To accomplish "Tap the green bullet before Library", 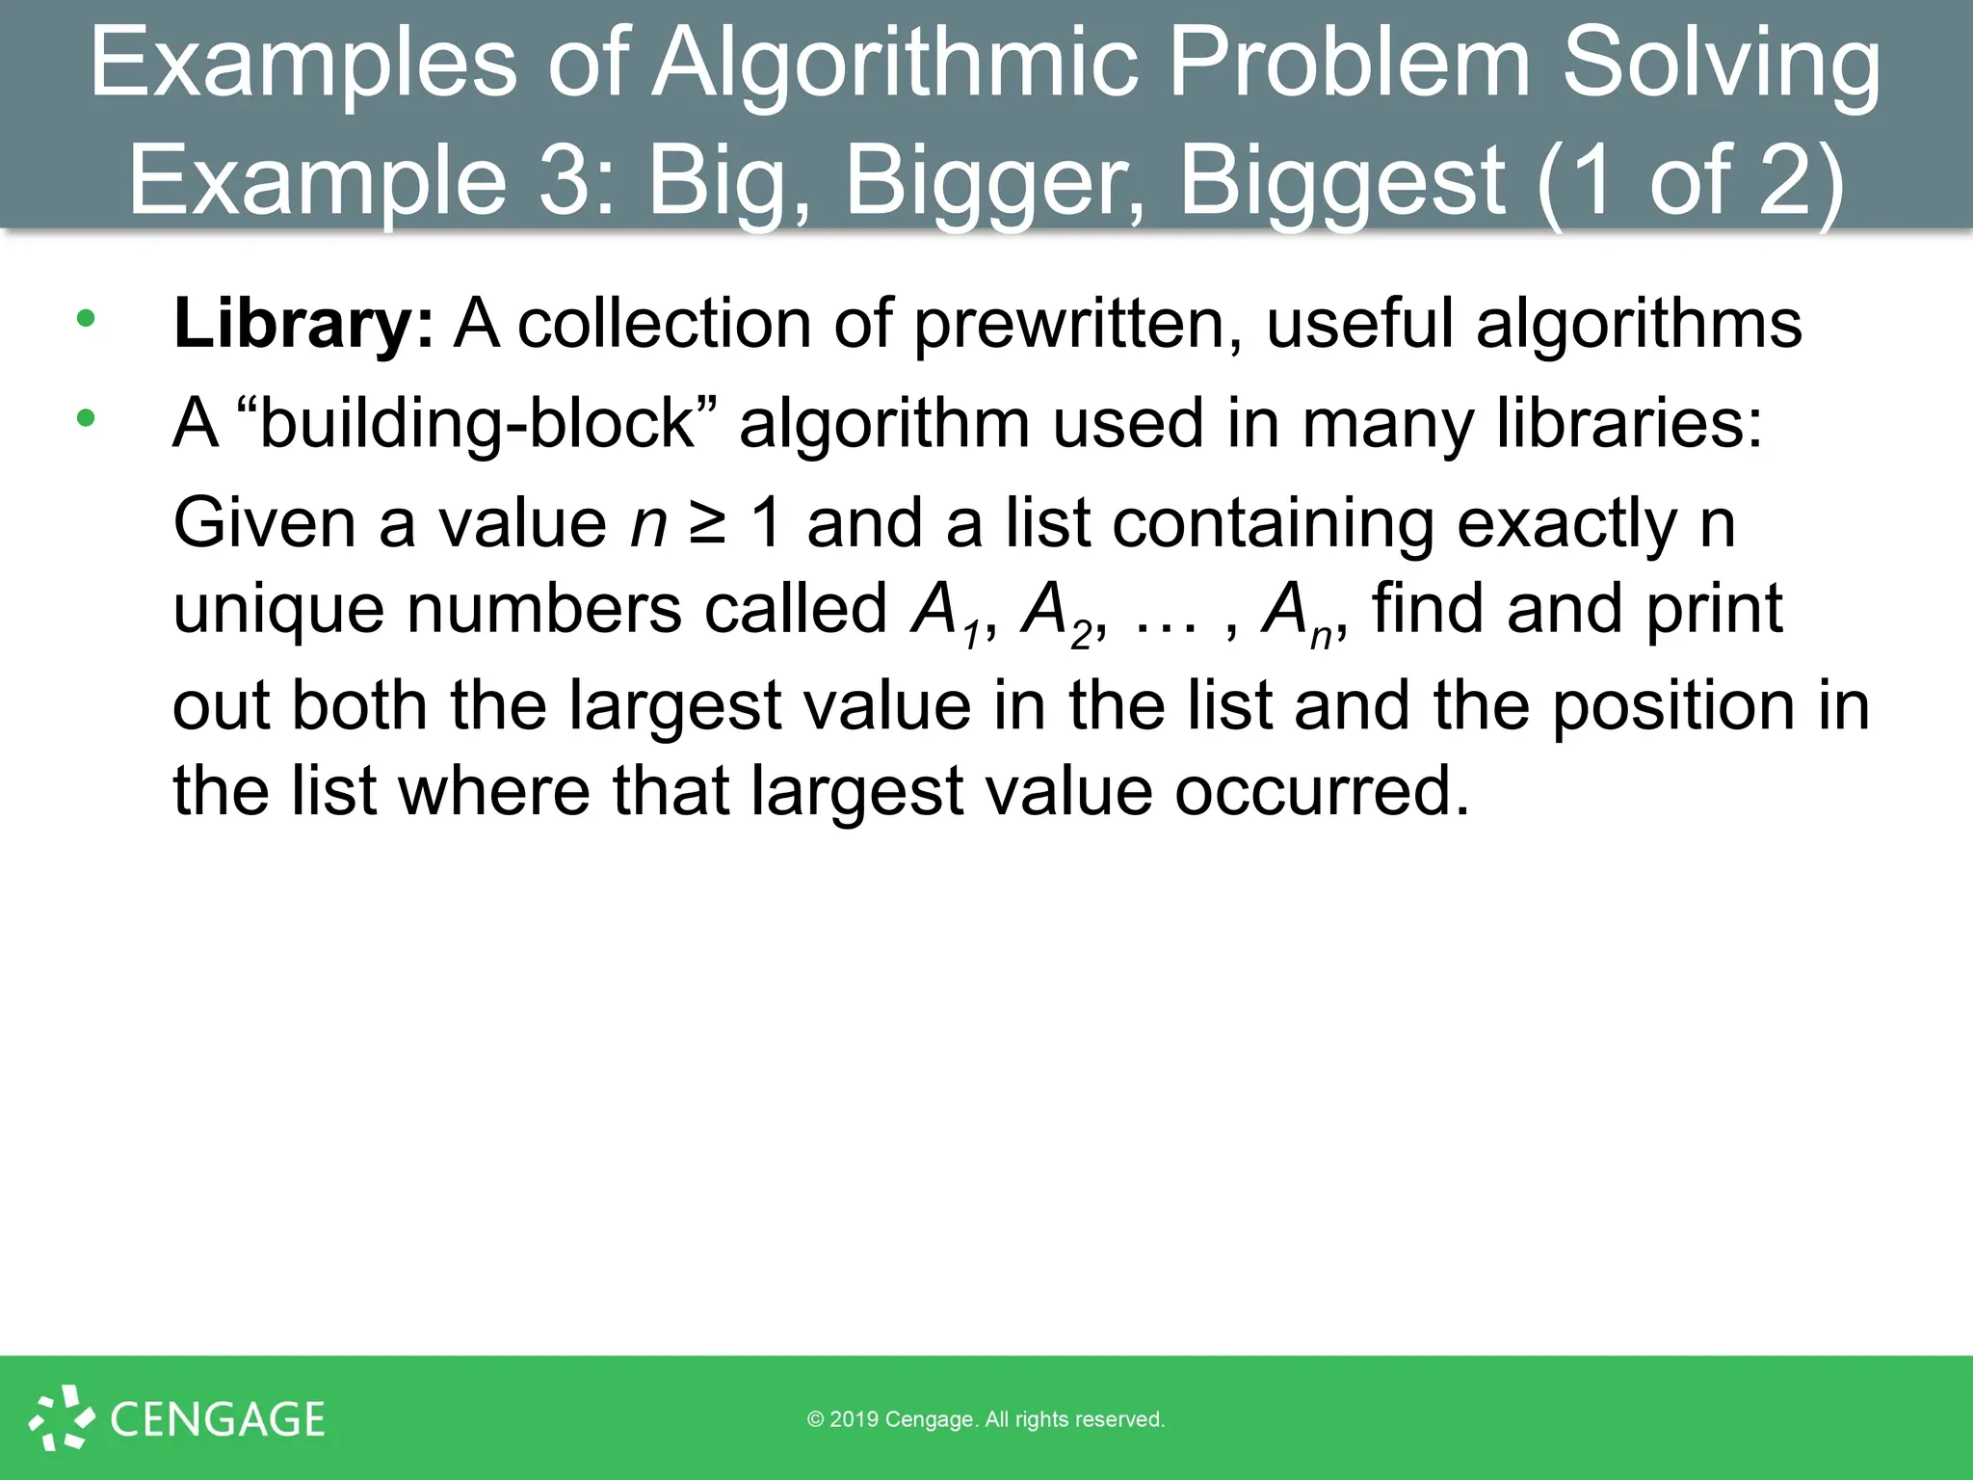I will pyautogui.click(x=87, y=318).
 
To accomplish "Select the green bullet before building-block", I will pyautogui.click(x=87, y=418).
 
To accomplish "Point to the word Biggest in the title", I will pyautogui.click(x=1342, y=181).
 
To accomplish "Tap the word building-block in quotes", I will pyautogui.click(x=477, y=424).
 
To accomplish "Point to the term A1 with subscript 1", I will pyautogui.click(x=946, y=613).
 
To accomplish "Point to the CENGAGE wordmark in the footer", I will pyautogui.click(x=218, y=1419).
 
